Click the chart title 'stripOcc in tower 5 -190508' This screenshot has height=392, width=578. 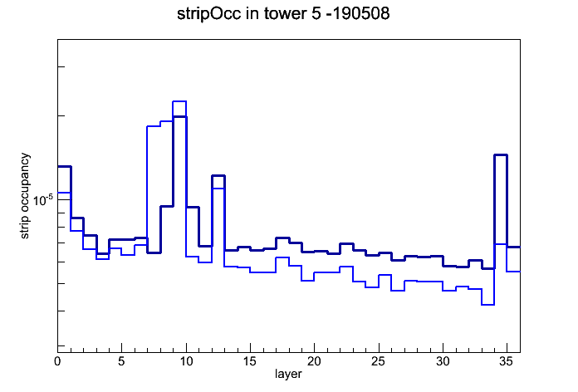point(283,14)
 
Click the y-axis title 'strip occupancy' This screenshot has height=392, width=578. point(25,196)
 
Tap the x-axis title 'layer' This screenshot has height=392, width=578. point(288,375)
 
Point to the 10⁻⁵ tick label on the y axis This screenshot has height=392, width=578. point(43,200)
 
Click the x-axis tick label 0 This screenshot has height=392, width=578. point(57,361)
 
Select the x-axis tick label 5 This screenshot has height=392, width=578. point(121,361)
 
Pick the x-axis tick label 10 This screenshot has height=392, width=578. point(186,361)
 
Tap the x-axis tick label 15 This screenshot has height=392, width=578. point(250,361)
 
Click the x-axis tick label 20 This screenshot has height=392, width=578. point(314,361)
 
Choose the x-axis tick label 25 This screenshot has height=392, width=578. point(379,361)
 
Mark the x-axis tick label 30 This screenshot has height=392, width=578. point(443,361)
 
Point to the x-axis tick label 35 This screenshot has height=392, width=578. point(507,361)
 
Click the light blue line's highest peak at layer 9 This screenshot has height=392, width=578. point(179,101)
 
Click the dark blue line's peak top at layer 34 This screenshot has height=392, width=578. point(501,154)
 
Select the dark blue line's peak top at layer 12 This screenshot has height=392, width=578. point(218,175)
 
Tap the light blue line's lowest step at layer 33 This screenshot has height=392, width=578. point(487,305)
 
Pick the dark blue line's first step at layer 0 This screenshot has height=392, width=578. point(64,167)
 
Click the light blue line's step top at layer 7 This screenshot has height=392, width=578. point(154,126)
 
